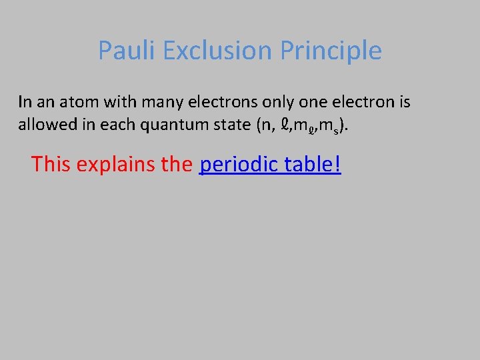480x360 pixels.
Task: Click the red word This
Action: pos(52,164)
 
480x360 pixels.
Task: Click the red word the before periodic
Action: pos(177,164)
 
